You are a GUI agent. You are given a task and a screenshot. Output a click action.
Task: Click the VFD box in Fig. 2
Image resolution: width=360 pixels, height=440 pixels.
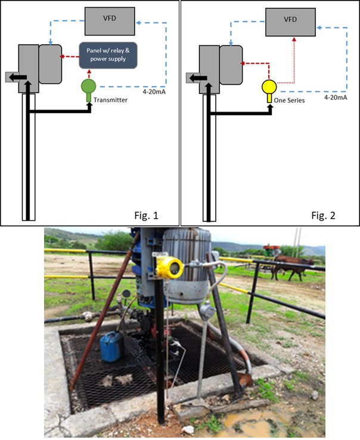[290, 20]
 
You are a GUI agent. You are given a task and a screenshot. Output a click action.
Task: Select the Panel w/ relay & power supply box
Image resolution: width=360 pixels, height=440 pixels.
[108, 55]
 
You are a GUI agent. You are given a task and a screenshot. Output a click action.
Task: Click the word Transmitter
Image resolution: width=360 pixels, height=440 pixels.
[110, 101]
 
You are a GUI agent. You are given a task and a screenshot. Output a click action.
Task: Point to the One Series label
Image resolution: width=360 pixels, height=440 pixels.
[288, 101]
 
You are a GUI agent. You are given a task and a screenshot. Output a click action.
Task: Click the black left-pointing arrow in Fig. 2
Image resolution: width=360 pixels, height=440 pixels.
[197, 77]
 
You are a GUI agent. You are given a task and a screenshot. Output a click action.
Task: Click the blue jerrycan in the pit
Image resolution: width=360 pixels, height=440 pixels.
[111, 347]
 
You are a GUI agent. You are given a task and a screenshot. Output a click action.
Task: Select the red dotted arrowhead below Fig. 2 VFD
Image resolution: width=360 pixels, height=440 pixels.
[294, 37]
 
